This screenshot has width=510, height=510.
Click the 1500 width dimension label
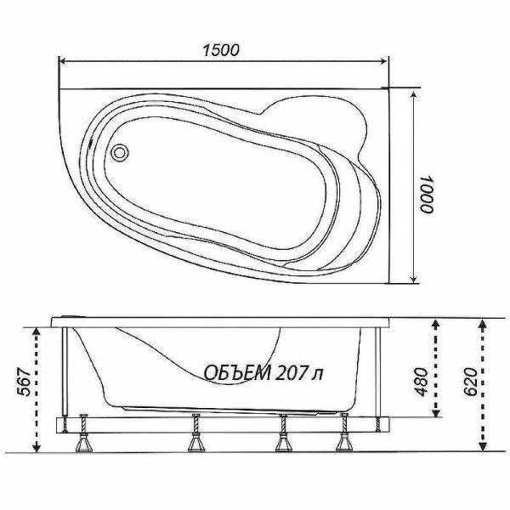[x=221, y=50]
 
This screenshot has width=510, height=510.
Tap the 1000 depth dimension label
[x=426, y=194]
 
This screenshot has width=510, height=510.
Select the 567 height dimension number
[x=24, y=382]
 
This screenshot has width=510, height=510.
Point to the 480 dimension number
[x=422, y=382]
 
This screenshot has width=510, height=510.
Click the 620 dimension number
[x=470, y=382]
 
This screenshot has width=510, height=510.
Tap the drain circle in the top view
[x=119, y=152]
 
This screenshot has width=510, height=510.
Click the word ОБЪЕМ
[x=237, y=373]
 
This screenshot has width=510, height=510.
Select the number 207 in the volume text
[x=291, y=373]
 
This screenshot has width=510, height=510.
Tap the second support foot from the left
[x=196, y=433]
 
